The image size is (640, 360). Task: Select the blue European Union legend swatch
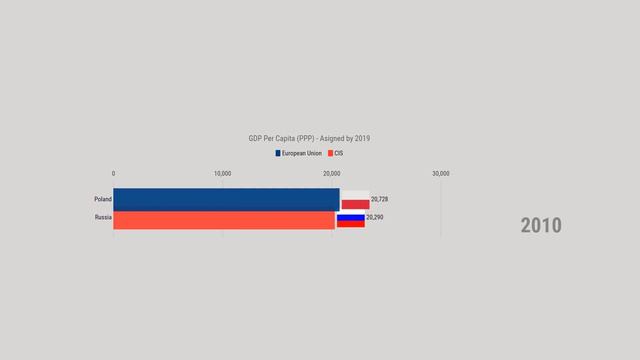278,154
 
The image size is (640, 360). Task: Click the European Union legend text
302,154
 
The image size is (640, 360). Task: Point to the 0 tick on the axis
114,174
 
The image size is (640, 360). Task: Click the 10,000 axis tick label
223,174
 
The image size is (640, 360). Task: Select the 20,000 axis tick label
332,174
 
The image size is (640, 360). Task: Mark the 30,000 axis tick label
440,174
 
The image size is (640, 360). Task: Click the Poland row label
103,199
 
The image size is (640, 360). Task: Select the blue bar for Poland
226,199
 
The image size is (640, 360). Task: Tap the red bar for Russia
224,220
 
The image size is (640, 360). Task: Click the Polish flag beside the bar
355,200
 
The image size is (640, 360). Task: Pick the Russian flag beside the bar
350,220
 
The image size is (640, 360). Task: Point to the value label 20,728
379,200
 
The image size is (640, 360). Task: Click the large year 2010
541,225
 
